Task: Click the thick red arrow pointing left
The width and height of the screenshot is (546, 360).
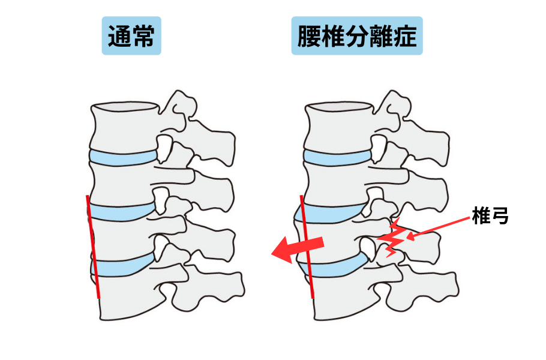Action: tap(298, 248)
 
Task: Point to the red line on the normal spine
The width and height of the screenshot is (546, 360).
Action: tap(92, 246)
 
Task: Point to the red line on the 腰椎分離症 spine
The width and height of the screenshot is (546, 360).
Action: tap(307, 246)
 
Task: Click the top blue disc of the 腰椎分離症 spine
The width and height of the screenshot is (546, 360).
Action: tap(336, 157)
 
